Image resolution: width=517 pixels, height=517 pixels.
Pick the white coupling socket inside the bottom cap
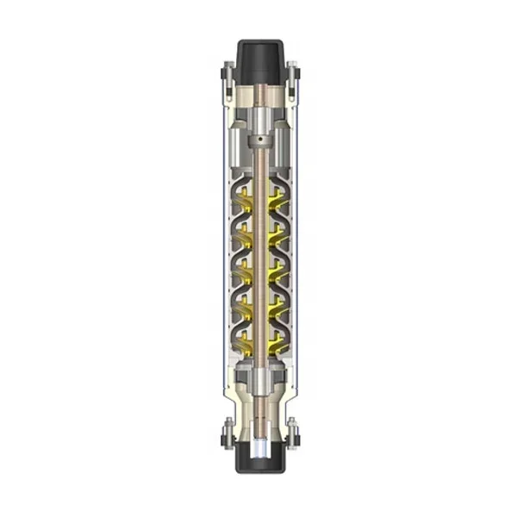(x=258, y=451)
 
